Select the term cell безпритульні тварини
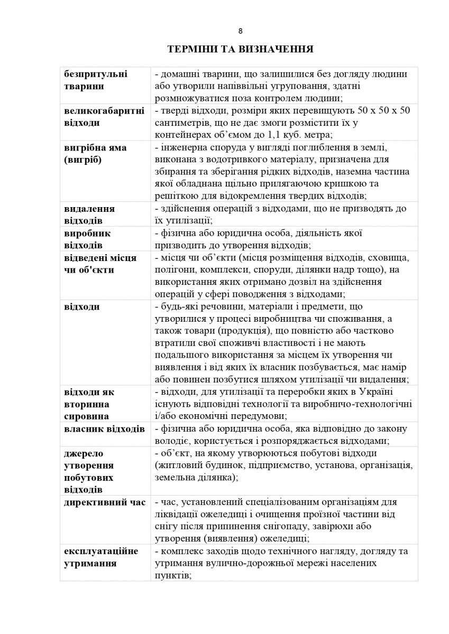(96, 80)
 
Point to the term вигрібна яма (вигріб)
(95, 153)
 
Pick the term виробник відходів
(87, 239)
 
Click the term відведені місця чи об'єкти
(100, 264)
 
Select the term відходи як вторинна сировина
(89, 404)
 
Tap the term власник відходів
(104, 428)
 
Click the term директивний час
(104, 502)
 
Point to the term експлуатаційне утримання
(101, 557)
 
